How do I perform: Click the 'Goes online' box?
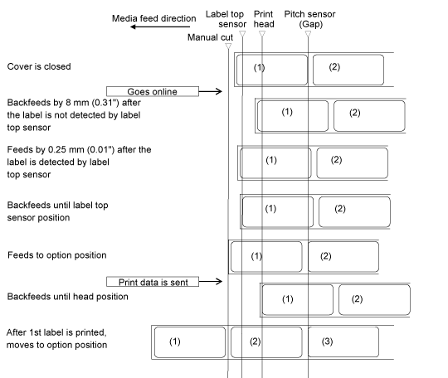pos(153,91)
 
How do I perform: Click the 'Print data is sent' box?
pos(153,282)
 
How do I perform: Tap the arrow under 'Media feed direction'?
pos(160,27)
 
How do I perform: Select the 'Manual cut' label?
pos(210,37)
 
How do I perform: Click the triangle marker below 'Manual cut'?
pos(228,46)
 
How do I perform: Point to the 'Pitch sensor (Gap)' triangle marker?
pos(308,34)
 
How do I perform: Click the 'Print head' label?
pos(264,19)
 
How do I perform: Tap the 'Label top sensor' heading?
pos(226,19)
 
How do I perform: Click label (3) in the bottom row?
pos(343,342)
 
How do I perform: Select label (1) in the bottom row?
pos(190,342)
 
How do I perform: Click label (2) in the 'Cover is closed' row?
pos(348,70)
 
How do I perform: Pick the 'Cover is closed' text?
pos(39,66)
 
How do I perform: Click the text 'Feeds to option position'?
pos(57,255)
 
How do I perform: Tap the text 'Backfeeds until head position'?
pos(67,297)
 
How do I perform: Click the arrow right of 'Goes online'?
pos(211,91)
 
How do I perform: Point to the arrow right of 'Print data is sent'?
pos(211,282)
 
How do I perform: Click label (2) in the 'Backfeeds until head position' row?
pos(374,300)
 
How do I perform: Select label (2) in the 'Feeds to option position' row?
pos(343,257)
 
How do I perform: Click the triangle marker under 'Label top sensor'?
pos(242,34)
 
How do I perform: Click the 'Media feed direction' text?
pos(154,18)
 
